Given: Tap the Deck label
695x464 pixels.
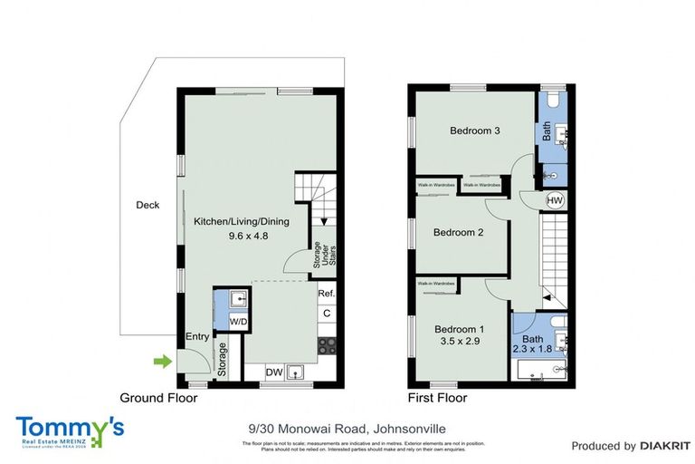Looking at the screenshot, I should tap(148, 205).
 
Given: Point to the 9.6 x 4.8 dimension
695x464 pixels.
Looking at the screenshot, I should tap(236, 236).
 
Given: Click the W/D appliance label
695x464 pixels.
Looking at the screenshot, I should tap(239, 321).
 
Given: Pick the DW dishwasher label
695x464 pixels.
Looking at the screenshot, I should tap(273, 372).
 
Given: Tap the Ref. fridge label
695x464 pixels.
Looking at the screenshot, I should tap(327, 294).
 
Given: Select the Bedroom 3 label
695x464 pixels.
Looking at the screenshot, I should tap(475, 130).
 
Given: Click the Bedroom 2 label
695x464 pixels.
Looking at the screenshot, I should tap(458, 232).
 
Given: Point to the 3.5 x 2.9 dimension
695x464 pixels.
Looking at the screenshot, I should tap(458, 343).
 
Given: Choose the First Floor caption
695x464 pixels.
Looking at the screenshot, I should tap(437, 398).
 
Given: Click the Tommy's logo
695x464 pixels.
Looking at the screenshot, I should tap(70, 429).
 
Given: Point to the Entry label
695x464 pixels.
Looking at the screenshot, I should tap(197, 337).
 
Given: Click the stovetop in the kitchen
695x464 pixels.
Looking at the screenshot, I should tap(327, 344).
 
